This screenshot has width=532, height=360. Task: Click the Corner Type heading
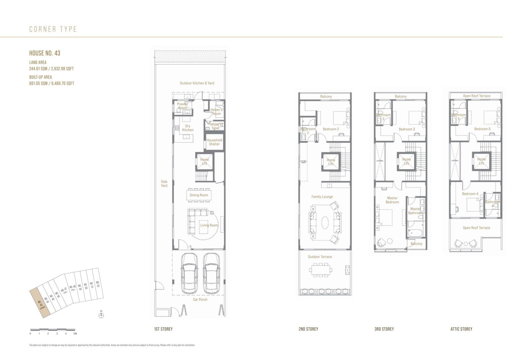click(x=53, y=29)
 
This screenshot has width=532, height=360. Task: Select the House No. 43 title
click(x=45, y=53)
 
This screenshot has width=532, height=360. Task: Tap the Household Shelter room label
click(x=214, y=142)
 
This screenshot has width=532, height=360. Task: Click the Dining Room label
click(x=199, y=195)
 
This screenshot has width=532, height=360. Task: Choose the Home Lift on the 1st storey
click(x=204, y=162)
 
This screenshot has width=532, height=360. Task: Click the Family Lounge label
click(x=322, y=197)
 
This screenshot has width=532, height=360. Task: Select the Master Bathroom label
click(x=416, y=211)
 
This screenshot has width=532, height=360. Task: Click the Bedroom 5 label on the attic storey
click(x=482, y=129)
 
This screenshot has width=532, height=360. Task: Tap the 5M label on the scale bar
click(x=75, y=333)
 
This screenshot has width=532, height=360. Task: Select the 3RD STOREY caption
click(x=384, y=329)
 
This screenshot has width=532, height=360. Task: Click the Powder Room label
click(x=183, y=106)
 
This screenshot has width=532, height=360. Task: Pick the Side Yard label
click(x=164, y=183)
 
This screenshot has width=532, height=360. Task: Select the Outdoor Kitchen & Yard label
click(x=197, y=83)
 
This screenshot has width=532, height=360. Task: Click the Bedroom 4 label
click(x=470, y=194)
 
